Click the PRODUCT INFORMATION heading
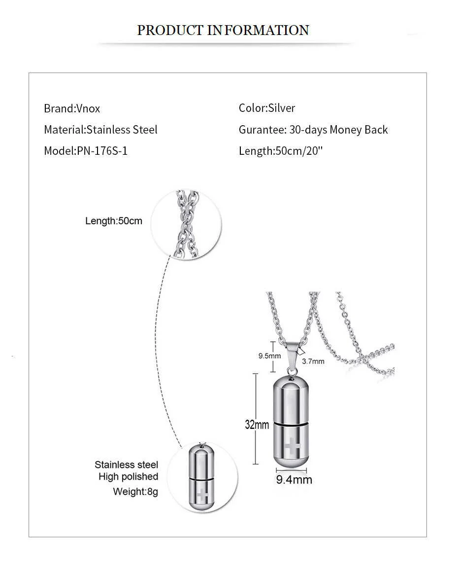point(223,30)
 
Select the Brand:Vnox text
point(72,108)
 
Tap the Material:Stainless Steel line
point(100,130)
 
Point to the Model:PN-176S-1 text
point(86,151)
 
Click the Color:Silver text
point(267,108)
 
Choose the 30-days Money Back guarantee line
point(313,130)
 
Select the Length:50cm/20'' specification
point(280,151)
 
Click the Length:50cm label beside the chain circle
point(113,221)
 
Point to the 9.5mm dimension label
point(269,355)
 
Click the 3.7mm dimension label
point(313,361)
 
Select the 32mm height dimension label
point(257,424)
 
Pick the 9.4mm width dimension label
point(294,479)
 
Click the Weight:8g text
point(135,491)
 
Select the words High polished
point(128,477)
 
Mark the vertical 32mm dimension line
point(256,419)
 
